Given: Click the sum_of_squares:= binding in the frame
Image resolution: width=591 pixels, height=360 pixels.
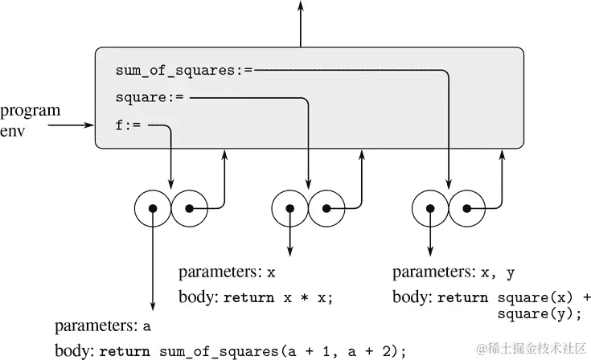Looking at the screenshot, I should [x=184, y=70].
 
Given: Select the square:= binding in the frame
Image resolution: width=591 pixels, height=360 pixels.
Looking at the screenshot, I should [x=150, y=98].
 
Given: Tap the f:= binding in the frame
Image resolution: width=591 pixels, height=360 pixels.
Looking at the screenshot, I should [x=129, y=125].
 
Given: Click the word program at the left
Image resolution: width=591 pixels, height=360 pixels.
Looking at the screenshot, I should [x=30, y=111].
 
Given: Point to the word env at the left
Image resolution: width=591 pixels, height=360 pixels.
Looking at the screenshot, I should [x=14, y=129].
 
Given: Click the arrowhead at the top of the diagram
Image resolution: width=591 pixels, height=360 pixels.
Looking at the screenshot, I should [x=301, y=6].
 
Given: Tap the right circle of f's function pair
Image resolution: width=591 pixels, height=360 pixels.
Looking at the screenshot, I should [x=188, y=209].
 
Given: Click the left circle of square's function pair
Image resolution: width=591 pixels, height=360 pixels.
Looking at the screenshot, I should [x=290, y=209].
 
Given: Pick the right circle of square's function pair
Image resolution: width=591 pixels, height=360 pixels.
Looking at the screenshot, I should [x=326, y=209].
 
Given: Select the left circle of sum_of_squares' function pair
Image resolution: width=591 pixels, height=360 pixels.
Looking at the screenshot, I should [x=430, y=209].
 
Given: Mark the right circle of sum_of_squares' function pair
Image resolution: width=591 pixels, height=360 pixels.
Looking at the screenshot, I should [x=466, y=209].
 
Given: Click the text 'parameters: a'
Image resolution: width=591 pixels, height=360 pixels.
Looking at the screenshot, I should [x=103, y=326].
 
